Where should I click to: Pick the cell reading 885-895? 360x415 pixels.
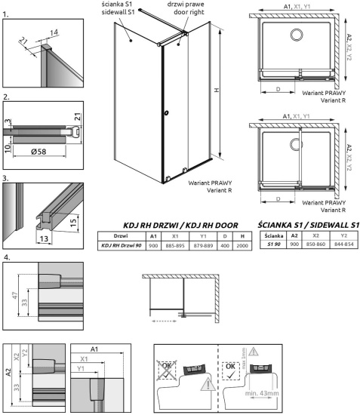point(174,245)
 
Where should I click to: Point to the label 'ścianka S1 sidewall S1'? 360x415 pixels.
point(140,11)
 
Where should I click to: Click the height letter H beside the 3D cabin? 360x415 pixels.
point(217,92)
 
